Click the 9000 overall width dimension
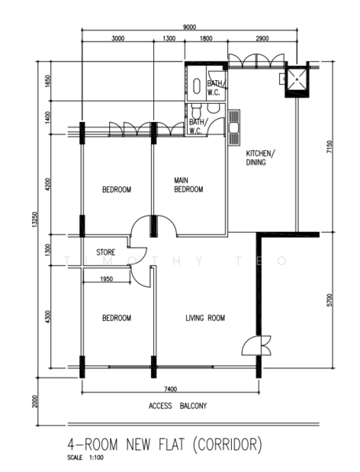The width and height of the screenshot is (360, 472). (189, 27)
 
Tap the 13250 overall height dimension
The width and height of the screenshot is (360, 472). (35, 219)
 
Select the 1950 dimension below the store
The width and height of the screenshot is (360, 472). (106, 279)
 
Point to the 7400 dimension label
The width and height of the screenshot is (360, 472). (171, 389)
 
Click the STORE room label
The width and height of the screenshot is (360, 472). (105, 252)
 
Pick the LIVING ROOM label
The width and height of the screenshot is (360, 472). (205, 318)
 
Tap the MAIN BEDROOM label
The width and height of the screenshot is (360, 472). (189, 185)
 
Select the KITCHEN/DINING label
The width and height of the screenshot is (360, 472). (260, 158)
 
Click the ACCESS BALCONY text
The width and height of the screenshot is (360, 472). (178, 406)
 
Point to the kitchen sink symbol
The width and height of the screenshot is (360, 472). (234, 127)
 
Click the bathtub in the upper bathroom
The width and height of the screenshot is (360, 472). (197, 86)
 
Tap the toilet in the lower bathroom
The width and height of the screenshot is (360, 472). (196, 112)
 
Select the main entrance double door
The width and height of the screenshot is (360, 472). (256, 345)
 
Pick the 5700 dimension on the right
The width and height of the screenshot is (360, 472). (330, 300)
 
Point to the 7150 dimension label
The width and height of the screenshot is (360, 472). (330, 147)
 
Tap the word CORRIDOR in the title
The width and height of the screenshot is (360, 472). (227, 445)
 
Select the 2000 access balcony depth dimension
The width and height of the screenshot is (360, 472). (35, 401)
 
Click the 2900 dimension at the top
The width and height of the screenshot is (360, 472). (262, 39)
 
